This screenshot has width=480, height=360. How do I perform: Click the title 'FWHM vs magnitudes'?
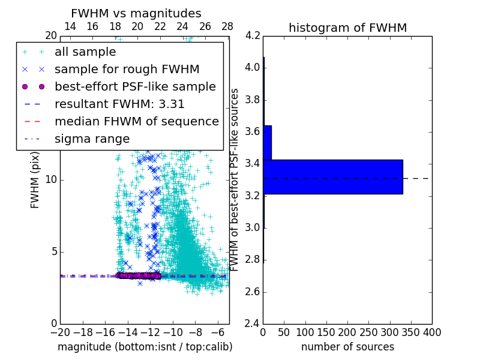tap(136, 14)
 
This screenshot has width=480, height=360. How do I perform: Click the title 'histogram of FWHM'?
tap(347, 28)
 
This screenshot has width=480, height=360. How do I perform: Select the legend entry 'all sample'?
tap(85, 52)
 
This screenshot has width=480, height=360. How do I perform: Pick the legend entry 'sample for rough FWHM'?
tap(127, 70)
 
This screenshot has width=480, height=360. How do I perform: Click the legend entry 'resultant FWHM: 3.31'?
tap(119, 104)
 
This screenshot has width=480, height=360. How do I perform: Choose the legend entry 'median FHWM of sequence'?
tap(136, 121)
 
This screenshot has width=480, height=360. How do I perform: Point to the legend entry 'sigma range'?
tap(92, 139)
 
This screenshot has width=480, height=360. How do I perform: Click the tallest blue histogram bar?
tap(332, 176)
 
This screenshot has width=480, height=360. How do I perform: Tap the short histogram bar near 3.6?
tap(267, 142)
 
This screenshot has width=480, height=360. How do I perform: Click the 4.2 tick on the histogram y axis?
tap(253, 35)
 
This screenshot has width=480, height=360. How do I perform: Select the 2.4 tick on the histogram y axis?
tap(253, 324)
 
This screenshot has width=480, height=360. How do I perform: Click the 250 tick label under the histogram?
tap(368, 332)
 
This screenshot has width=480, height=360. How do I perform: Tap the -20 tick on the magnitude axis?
tap(60, 332)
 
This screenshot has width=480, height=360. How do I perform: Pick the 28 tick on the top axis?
tap(227, 26)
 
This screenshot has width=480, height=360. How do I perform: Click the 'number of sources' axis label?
tap(347, 347)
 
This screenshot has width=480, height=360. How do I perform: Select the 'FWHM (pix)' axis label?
tap(35, 179)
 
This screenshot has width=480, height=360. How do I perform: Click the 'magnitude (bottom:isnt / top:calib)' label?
tap(145, 347)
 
